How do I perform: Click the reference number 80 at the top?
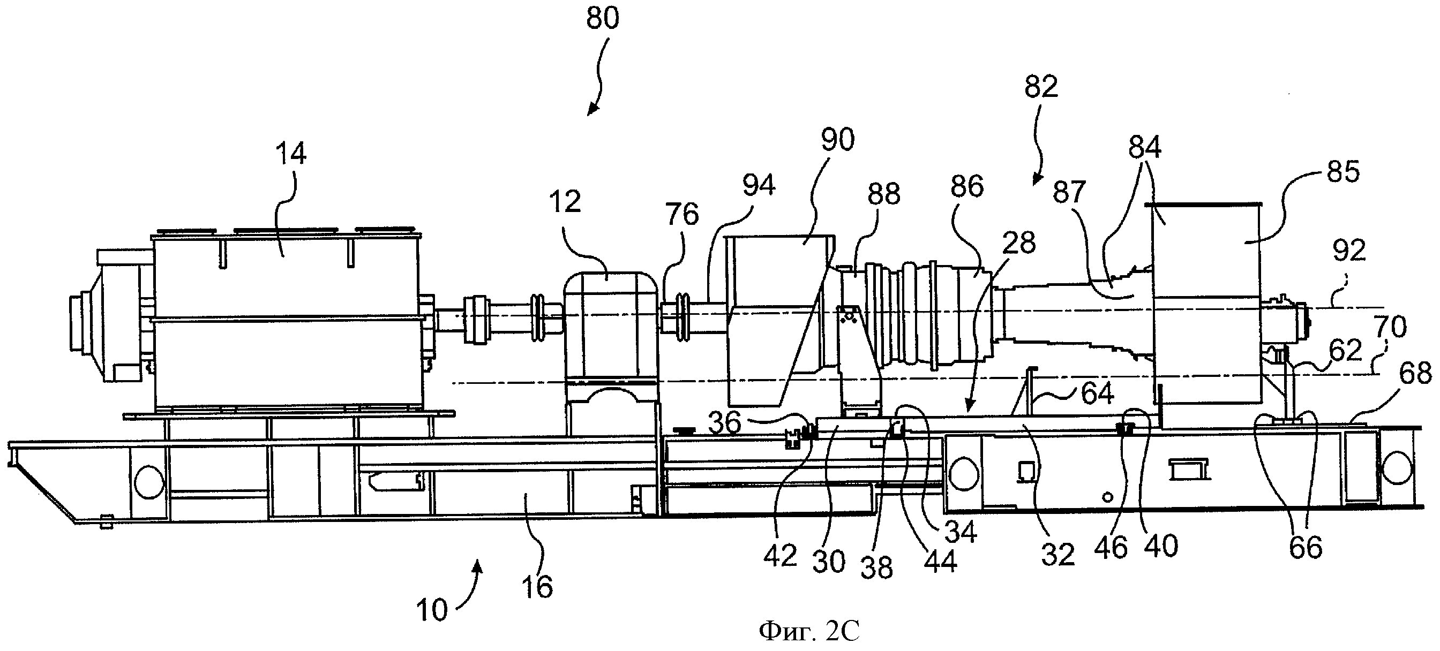(603, 18)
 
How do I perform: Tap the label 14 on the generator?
(291, 153)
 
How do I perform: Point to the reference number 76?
(682, 214)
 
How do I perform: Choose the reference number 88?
(884, 194)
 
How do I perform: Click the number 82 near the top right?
(1041, 87)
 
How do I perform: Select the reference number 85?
(1342, 171)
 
